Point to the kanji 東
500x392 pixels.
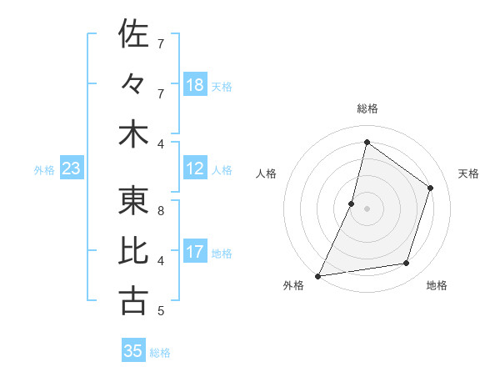(133, 200)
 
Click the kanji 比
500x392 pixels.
(133, 250)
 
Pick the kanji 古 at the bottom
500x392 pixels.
(133, 300)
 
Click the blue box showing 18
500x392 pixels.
(195, 85)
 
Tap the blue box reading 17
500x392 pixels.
(195, 252)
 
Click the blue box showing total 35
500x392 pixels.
(133, 351)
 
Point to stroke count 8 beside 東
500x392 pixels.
(160, 211)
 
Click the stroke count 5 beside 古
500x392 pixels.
(160, 311)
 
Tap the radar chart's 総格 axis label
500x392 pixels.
(367, 108)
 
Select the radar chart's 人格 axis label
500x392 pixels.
(267, 173)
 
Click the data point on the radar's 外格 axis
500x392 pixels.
(318, 275)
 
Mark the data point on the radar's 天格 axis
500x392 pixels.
(431, 188)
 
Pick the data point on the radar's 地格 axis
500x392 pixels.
(407, 264)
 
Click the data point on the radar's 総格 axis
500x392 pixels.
(367, 142)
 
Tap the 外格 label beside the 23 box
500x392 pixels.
(44, 170)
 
